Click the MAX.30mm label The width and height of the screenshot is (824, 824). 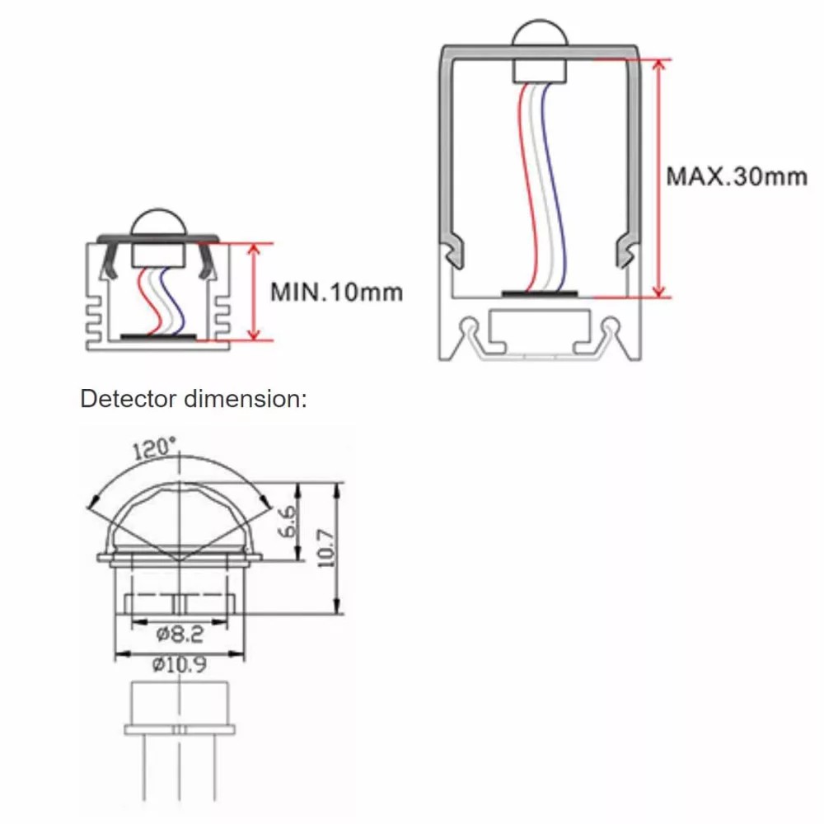pos(736,176)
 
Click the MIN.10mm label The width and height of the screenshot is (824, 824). pos(336,291)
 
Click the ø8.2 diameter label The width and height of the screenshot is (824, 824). pos(180,634)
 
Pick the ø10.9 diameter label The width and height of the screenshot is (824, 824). pos(180,665)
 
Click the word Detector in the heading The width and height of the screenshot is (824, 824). pos(128,400)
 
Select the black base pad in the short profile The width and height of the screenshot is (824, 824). pos(158,336)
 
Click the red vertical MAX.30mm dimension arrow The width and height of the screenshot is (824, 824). pos(658,177)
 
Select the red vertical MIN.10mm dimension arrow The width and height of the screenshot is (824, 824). pos(254,291)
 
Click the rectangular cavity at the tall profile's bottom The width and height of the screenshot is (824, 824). pos(541,329)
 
